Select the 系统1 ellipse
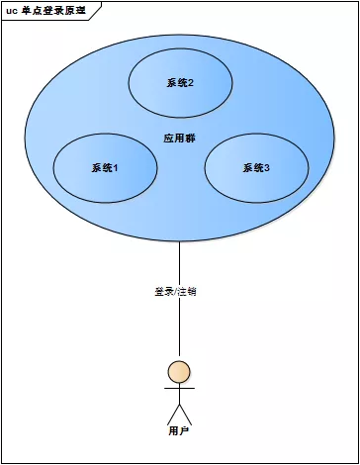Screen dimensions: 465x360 click(x=104, y=167)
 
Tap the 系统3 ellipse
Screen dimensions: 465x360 click(x=256, y=167)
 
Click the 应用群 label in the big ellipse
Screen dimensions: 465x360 click(x=179, y=138)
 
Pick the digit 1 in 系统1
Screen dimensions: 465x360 click(x=116, y=168)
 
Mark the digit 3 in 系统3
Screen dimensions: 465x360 click(x=267, y=168)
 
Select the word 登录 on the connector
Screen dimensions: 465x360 click(x=163, y=292)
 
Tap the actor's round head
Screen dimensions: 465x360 click(x=179, y=372)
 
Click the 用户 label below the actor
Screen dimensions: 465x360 click(x=179, y=431)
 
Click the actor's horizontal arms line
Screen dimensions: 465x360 click(x=179, y=389)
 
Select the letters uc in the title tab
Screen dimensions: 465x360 click(x=12, y=8)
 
